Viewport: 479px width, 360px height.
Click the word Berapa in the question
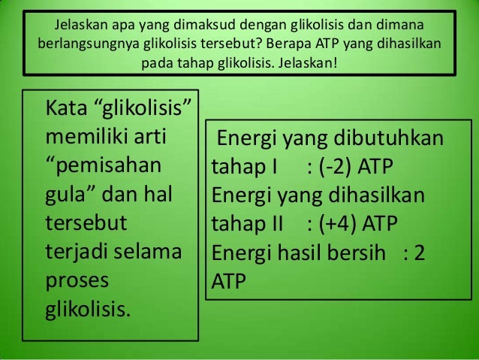tap(291, 41)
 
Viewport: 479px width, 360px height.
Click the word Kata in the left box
tap(67, 112)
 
